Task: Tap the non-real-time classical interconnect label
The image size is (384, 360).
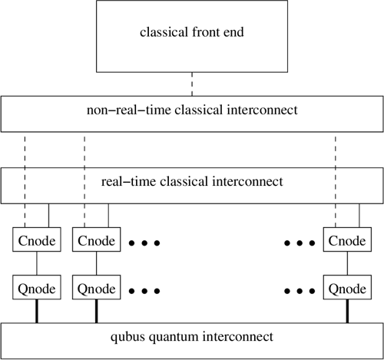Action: click(x=191, y=111)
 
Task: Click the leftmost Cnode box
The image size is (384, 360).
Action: click(x=37, y=242)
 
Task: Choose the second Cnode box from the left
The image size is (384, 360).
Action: click(x=96, y=242)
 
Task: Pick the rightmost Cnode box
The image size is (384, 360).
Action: click(x=346, y=242)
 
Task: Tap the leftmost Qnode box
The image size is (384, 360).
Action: click(x=37, y=290)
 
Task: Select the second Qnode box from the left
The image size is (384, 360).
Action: click(x=96, y=290)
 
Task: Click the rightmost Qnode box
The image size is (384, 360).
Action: click(x=346, y=290)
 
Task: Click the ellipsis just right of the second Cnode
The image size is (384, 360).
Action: click(x=145, y=243)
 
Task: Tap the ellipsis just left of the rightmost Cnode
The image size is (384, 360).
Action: click(x=299, y=243)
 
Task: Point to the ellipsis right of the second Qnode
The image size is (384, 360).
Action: click(x=145, y=292)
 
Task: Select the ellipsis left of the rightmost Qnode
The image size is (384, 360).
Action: click(x=299, y=292)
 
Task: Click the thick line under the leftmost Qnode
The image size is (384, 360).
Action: click(x=37, y=313)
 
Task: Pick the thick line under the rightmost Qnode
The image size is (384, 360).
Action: click(x=346, y=313)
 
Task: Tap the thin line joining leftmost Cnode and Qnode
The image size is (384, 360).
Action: click(x=37, y=266)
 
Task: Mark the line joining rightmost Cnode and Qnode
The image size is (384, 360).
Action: click(x=346, y=266)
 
